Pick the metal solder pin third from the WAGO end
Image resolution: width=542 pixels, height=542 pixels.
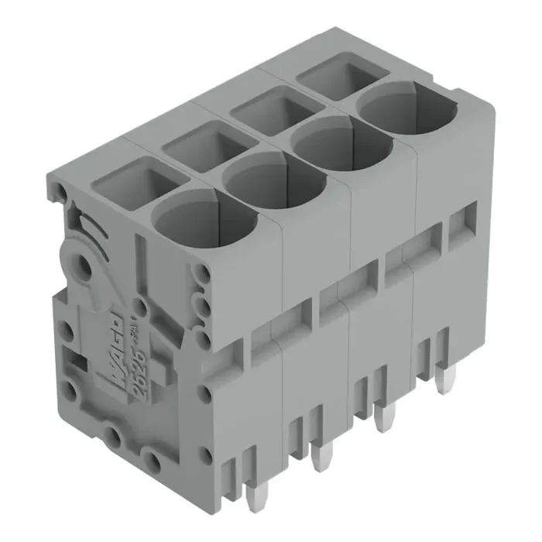click(x=381, y=419)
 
